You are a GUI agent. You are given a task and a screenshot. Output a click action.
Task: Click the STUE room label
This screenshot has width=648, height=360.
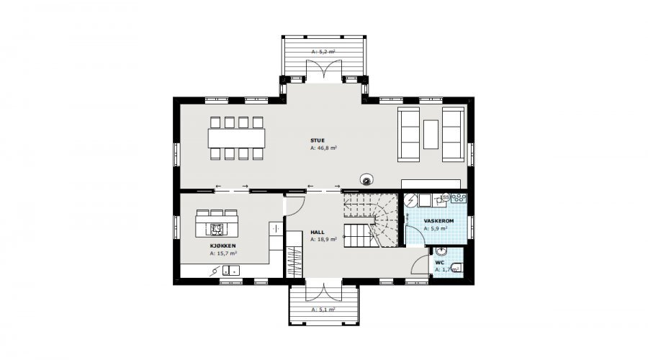318,140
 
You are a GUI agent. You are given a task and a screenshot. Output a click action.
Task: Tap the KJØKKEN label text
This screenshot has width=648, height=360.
222,246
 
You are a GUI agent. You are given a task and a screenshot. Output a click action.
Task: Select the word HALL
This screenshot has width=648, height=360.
318,233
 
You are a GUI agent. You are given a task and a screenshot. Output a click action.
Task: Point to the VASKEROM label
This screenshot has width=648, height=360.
438,221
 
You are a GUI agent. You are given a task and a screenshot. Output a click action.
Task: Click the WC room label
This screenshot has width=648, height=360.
439,263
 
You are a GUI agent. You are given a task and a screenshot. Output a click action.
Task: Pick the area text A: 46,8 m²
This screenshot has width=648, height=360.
323,148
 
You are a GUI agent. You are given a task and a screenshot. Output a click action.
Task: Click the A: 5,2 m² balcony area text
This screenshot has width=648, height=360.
323,52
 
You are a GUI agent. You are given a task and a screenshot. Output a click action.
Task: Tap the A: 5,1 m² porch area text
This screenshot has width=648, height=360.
323,309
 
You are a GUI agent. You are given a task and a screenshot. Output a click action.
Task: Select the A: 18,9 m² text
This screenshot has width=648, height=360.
323,239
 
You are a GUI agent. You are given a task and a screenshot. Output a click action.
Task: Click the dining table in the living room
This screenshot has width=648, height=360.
236,138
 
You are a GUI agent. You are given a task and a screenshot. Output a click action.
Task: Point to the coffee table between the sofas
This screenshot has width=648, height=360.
431,134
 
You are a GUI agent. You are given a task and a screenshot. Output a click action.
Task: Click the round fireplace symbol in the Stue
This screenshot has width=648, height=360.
366,179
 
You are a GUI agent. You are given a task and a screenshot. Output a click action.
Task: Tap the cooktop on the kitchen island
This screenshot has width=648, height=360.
217,228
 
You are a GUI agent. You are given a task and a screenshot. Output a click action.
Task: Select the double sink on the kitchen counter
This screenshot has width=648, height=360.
231,270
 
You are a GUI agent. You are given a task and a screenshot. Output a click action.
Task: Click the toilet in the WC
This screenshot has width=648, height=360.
457,268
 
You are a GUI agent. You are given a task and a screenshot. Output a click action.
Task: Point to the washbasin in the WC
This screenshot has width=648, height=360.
441,251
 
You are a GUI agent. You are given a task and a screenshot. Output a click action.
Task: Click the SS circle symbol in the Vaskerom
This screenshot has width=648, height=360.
446,197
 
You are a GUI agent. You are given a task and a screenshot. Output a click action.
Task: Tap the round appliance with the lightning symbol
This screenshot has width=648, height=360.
411,200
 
